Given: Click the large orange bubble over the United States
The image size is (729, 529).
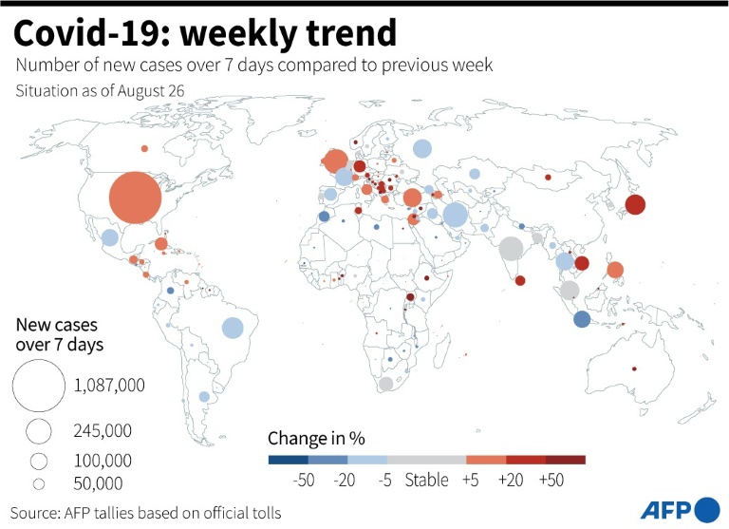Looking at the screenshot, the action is click(x=136, y=198).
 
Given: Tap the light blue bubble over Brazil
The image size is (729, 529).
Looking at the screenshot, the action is click(x=233, y=328).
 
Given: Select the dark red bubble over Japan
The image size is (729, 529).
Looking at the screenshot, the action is click(x=635, y=204).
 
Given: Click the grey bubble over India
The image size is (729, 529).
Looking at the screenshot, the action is click(x=511, y=249).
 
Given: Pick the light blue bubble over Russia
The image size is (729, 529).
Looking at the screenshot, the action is click(x=422, y=149).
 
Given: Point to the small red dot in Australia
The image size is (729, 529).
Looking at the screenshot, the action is click(x=634, y=368).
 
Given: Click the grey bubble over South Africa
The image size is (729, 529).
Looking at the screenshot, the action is click(x=386, y=384).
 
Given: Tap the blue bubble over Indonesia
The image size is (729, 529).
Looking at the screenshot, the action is click(x=582, y=320).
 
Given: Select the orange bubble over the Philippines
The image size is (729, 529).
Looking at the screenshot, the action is click(x=615, y=270).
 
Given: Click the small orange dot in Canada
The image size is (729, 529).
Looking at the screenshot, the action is click(x=144, y=148).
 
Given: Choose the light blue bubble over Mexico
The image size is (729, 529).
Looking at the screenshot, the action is click(x=110, y=237).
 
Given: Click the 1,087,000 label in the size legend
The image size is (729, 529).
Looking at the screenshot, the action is click(x=109, y=386).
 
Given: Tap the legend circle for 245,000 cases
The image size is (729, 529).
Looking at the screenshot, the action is click(x=39, y=431).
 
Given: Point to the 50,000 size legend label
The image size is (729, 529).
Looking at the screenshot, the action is click(x=98, y=483).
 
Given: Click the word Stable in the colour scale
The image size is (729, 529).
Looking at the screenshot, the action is click(x=426, y=480).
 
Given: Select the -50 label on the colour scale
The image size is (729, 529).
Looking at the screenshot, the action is click(x=304, y=480).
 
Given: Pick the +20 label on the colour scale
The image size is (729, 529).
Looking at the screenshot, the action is click(x=511, y=480).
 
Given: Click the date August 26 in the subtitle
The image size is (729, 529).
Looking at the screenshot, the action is click(x=151, y=91).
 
